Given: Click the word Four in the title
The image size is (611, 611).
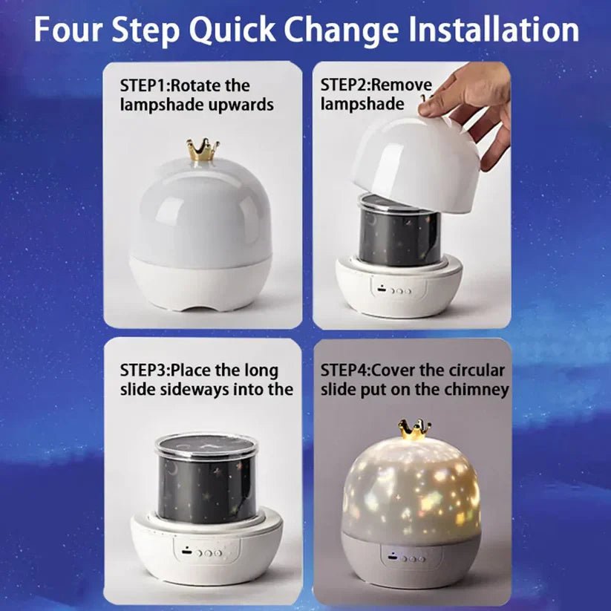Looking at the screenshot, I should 70,30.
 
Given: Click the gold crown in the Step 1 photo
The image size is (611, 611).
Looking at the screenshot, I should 202,151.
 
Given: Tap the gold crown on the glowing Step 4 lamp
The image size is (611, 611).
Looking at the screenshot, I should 414,429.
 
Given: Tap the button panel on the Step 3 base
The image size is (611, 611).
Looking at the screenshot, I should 205,553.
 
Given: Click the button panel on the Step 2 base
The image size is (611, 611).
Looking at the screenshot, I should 393,290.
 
